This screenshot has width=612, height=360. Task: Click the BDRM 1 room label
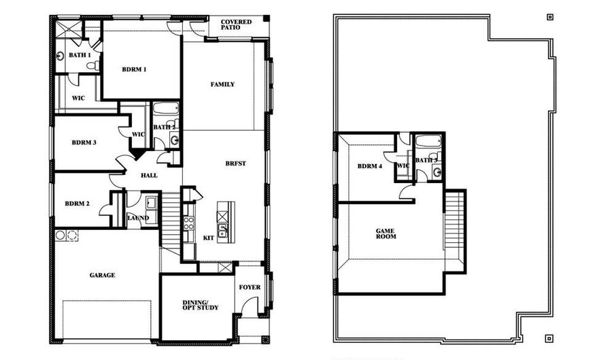pos(134,69)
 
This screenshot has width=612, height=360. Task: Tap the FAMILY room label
pos(222,84)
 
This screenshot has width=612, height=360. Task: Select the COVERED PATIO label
pos(236,26)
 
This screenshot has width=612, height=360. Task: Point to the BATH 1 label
pos(79,54)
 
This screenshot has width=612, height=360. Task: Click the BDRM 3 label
pos(84,143)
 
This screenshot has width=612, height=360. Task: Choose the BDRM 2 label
pos(78,203)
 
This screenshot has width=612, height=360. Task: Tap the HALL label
pos(149,176)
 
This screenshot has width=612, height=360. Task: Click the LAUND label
pos(138,218)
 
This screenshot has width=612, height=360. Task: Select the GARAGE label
pos(102,276)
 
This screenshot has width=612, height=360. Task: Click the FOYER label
pos(250,287)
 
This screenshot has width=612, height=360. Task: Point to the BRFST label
pos(236,164)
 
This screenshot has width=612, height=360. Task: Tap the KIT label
pos(208,238)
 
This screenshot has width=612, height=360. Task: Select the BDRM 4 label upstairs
pos(370,166)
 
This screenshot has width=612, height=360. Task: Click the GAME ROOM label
pos(386,235)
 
